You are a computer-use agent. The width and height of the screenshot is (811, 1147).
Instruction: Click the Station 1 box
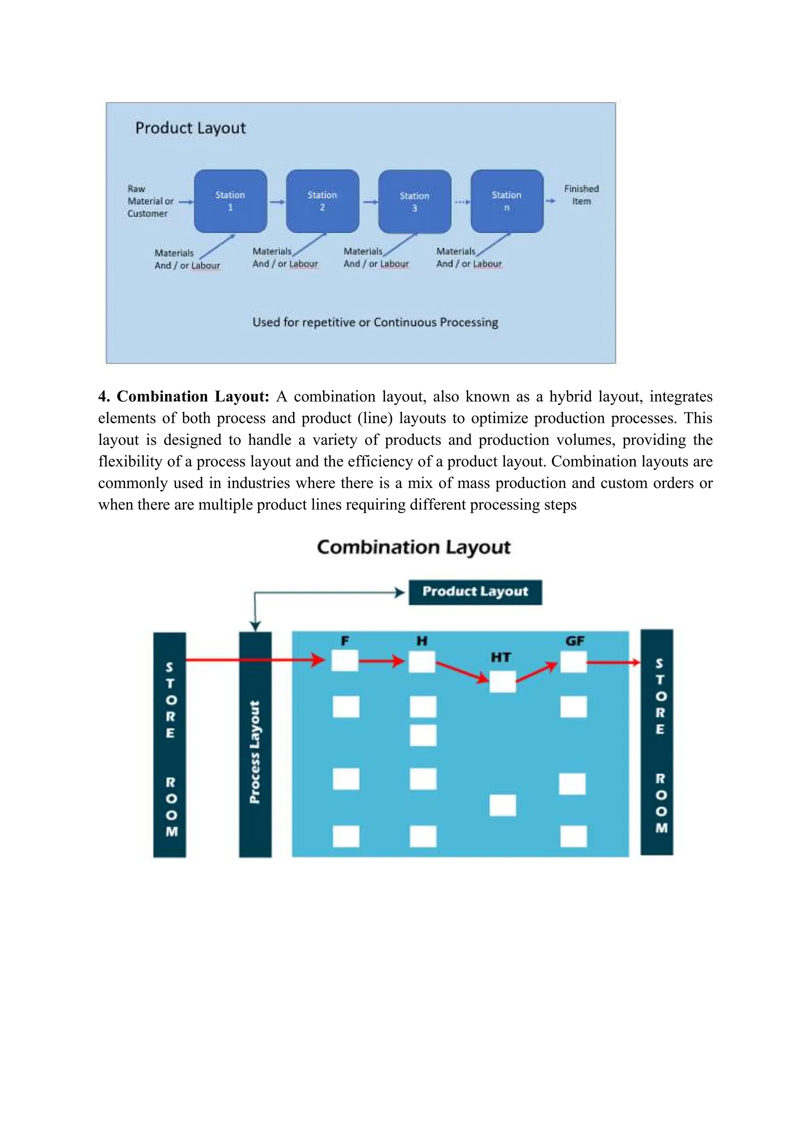(x=230, y=201)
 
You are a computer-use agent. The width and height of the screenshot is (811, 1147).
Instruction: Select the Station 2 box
(x=323, y=201)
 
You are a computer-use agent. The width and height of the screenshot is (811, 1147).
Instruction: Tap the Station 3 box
(x=415, y=201)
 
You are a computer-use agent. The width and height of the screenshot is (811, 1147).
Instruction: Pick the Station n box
(x=507, y=201)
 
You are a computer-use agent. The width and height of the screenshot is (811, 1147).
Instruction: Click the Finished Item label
(x=581, y=195)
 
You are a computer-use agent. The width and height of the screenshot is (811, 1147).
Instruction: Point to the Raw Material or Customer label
(x=149, y=201)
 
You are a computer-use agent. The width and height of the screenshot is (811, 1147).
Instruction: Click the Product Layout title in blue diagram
(x=190, y=128)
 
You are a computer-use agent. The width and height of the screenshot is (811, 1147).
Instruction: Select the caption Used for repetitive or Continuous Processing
(x=375, y=322)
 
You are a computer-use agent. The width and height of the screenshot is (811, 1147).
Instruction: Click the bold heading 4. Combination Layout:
(x=184, y=396)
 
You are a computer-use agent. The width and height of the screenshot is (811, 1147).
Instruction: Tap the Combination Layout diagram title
(x=413, y=547)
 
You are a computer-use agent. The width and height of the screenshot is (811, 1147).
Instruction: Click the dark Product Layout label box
(x=475, y=592)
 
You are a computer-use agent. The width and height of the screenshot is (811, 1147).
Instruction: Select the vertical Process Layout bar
(x=255, y=744)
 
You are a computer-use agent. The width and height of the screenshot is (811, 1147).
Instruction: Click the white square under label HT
(x=503, y=681)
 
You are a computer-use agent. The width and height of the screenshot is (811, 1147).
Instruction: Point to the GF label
(x=575, y=641)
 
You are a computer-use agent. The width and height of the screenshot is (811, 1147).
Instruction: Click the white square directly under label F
(x=345, y=661)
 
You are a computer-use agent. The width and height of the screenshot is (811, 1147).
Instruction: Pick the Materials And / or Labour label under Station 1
(x=187, y=259)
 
